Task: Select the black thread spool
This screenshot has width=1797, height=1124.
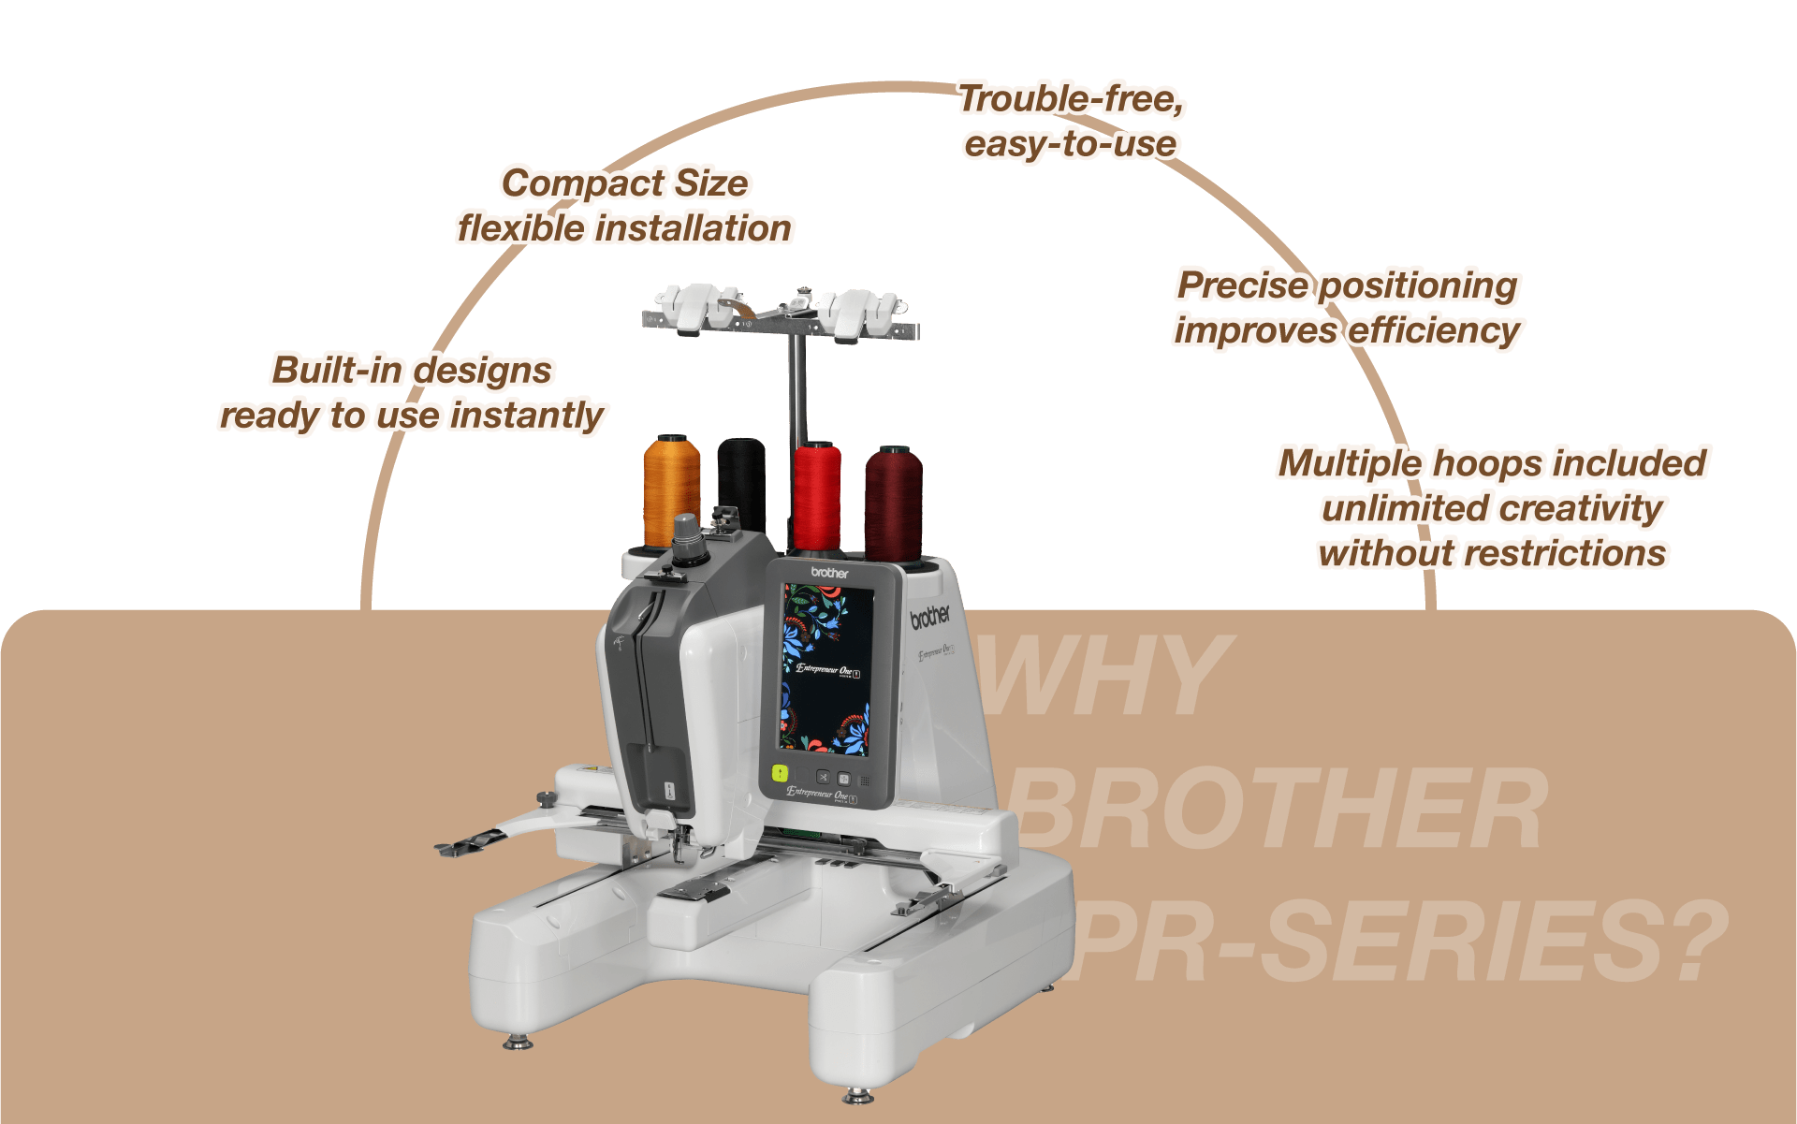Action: pyautogui.click(x=741, y=482)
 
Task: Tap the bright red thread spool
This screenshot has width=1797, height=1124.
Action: pyautogui.click(x=816, y=496)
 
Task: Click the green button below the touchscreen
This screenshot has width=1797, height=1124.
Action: pyautogui.click(x=779, y=774)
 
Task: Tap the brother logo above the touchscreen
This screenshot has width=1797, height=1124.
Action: pyautogui.click(x=829, y=573)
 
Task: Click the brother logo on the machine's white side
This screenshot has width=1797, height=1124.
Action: pyautogui.click(x=929, y=616)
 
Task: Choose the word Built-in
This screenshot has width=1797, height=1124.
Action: pyautogui.click(x=336, y=370)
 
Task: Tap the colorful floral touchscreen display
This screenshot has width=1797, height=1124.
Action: pyautogui.click(x=826, y=669)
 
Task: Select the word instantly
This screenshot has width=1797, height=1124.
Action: pyautogui.click(x=528, y=416)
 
